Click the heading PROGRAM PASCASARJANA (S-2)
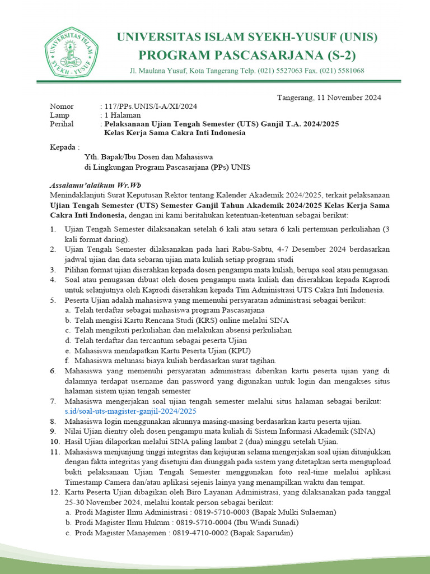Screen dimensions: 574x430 pyautogui.click(x=247, y=55)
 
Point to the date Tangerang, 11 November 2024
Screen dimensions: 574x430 pyautogui.click(x=329, y=97)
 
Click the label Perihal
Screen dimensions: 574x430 pyautogui.click(x=62, y=124)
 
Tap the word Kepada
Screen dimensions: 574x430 pyautogui.click(x=61, y=147)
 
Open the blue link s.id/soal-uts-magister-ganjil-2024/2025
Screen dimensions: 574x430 pyautogui.click(x=130, y=411)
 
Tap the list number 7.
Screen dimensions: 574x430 pyautogui.click(x=53, y=401)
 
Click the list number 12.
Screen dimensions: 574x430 pyautogui.click(x=54, y=492)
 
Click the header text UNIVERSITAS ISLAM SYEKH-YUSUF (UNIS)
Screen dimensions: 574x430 pyautogui.click(x=247, y=38)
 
